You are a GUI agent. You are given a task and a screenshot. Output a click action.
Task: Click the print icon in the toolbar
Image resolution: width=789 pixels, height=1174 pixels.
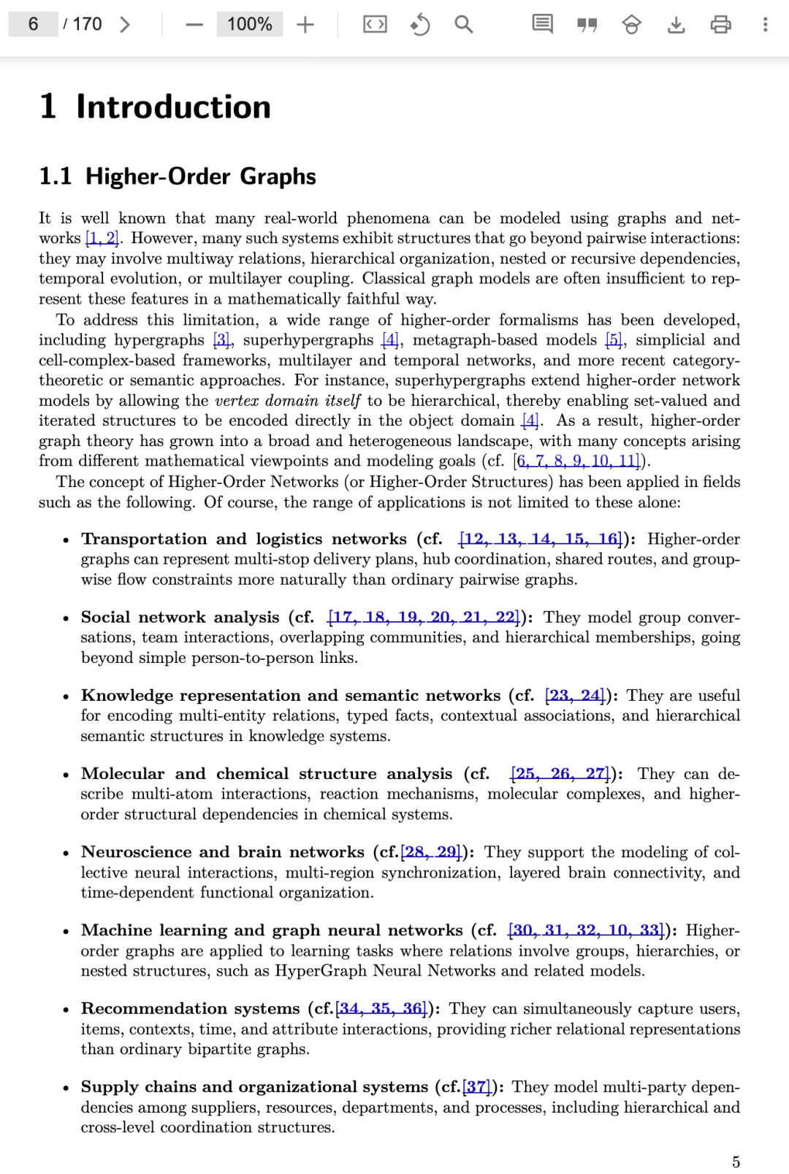[720, 25]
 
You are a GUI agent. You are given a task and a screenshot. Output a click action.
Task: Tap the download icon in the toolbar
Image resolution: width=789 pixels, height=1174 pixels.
[676, 25]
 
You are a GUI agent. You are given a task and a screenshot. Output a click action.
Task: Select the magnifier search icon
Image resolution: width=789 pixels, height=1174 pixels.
[463, 25]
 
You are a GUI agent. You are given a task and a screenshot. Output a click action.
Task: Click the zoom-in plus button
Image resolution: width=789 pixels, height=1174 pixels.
[305, 25]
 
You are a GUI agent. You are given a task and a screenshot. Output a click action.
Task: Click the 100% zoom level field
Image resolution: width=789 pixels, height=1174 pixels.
[249, 24]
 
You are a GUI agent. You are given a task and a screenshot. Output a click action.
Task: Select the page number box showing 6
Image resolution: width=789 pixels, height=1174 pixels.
[33, 24]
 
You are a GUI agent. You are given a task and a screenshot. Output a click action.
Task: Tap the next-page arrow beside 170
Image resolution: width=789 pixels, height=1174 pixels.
[125, 25]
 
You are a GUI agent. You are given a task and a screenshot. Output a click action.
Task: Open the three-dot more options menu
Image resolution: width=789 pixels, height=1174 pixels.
[765, 25]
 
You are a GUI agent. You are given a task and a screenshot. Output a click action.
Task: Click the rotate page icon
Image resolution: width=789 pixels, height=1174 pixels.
[419, 25]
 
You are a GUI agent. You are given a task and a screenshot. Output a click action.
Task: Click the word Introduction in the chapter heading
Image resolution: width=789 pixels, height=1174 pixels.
[173, 107]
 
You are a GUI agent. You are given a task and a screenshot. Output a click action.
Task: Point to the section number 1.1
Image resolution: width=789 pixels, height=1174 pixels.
[56, 177]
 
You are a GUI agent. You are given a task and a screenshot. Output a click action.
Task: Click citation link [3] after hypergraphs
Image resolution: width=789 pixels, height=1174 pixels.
[221, 340]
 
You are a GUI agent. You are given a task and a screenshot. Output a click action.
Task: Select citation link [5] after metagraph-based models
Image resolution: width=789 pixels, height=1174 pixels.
[614, 340]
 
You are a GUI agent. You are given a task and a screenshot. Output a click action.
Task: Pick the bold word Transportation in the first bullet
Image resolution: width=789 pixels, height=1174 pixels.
[144, 539]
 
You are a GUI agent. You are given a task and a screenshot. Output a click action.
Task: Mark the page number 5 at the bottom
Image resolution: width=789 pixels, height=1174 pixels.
[736, 1162]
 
